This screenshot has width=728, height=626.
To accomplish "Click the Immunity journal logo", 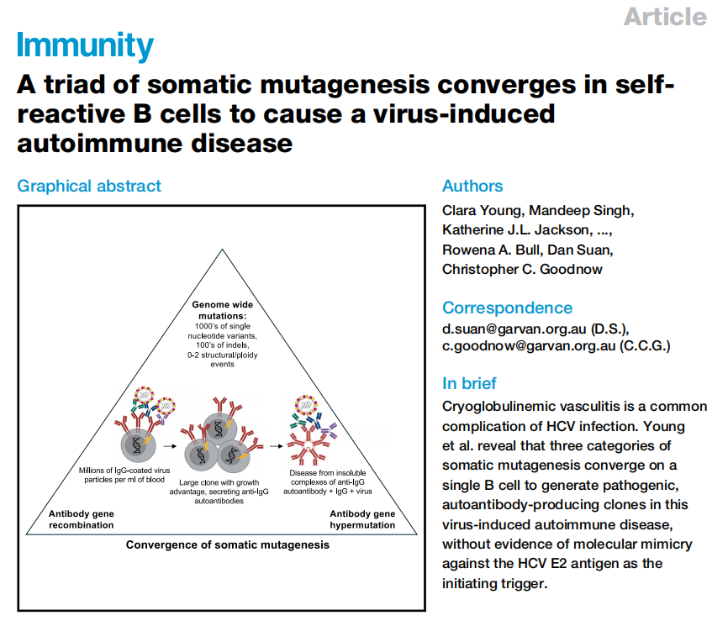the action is [85, 45].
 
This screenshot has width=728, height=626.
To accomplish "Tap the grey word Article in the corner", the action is [665, 17].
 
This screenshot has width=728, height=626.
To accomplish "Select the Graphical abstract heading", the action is [89, 186].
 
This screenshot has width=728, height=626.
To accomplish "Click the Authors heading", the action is [472, 186].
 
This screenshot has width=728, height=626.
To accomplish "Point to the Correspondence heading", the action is [507, 308].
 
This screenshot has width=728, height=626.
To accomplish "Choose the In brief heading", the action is [469, 383].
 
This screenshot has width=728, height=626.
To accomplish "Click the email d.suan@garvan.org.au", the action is [514, 329].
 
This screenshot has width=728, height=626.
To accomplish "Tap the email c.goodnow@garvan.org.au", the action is [529, 346].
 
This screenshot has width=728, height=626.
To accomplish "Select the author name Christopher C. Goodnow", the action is [522, 269].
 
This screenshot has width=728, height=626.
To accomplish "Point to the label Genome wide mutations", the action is [223, 310].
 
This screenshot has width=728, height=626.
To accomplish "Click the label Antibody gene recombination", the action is [82, 519].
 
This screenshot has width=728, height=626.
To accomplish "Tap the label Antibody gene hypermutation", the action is [362, 519].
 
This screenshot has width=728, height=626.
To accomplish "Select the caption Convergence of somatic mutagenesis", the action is [228, 544].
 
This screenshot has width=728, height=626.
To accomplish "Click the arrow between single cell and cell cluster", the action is [170, 446].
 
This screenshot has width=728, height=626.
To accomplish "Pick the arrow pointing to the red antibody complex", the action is [277, 446].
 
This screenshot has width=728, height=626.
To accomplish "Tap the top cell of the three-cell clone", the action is [220, 429].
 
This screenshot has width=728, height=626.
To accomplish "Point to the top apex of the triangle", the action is [223, 250].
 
